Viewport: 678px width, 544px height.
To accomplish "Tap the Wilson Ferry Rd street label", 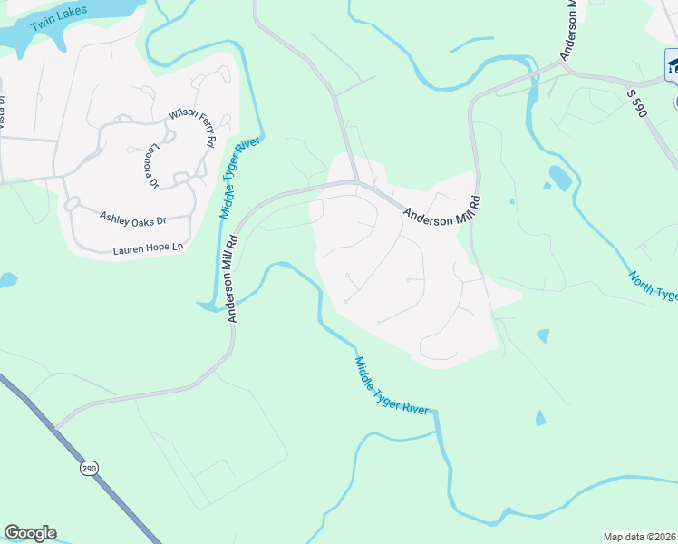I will click(x=191, y=128).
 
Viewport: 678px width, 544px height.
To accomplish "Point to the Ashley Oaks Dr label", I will click(x=133, y=219).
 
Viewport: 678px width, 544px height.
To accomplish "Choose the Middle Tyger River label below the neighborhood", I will click(x=392, y=386).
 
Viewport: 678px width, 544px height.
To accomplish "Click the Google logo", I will click(x=30, y=533).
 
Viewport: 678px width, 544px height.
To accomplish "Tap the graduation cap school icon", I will click(x=673, y=65).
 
